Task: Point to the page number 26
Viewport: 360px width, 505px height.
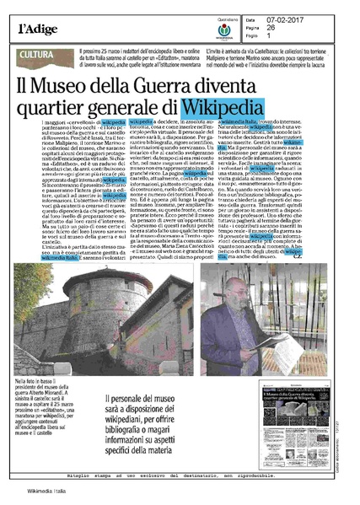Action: coord(296,19)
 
